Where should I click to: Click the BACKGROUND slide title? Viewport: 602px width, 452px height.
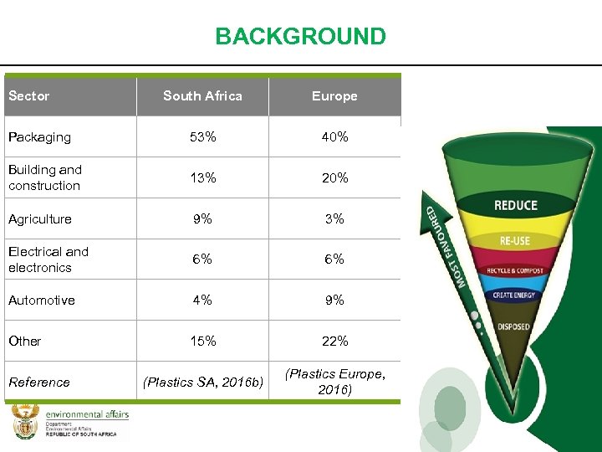[x=300, y=37]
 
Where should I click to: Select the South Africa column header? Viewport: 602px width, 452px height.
[x=202, y=96]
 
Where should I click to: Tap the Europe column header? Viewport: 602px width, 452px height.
[x=334, y=96]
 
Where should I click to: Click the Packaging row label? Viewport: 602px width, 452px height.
[x=40, y=137]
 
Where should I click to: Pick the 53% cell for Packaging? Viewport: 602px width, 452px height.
[x=202, y=137]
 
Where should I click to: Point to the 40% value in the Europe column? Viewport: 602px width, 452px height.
[x=334, y=137]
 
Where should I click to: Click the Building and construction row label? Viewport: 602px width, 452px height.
[x=45, y=177]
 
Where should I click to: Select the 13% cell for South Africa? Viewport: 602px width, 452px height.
[x=202, y=177]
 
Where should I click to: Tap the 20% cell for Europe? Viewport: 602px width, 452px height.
[x=334, y=177]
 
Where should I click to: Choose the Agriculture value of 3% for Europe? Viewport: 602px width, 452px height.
[x=334, y=218]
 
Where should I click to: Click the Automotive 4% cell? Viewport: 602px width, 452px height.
[x=202, y=300]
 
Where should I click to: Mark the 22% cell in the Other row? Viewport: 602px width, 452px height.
[x=334, y=341]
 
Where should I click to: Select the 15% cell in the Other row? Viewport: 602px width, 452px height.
[x=202, y=341]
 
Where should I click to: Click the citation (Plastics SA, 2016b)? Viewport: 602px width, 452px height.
[x=203, y=383]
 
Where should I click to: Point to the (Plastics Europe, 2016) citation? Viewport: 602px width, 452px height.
[x=335, y=382]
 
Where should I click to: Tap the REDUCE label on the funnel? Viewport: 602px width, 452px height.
[x=516, y=206]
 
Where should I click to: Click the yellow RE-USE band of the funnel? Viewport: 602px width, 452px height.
[x=515, y=240]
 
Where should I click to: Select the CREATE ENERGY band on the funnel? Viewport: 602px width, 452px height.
[x=514, y=295]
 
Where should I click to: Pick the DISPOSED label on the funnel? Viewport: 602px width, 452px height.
[x=513, y=326]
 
